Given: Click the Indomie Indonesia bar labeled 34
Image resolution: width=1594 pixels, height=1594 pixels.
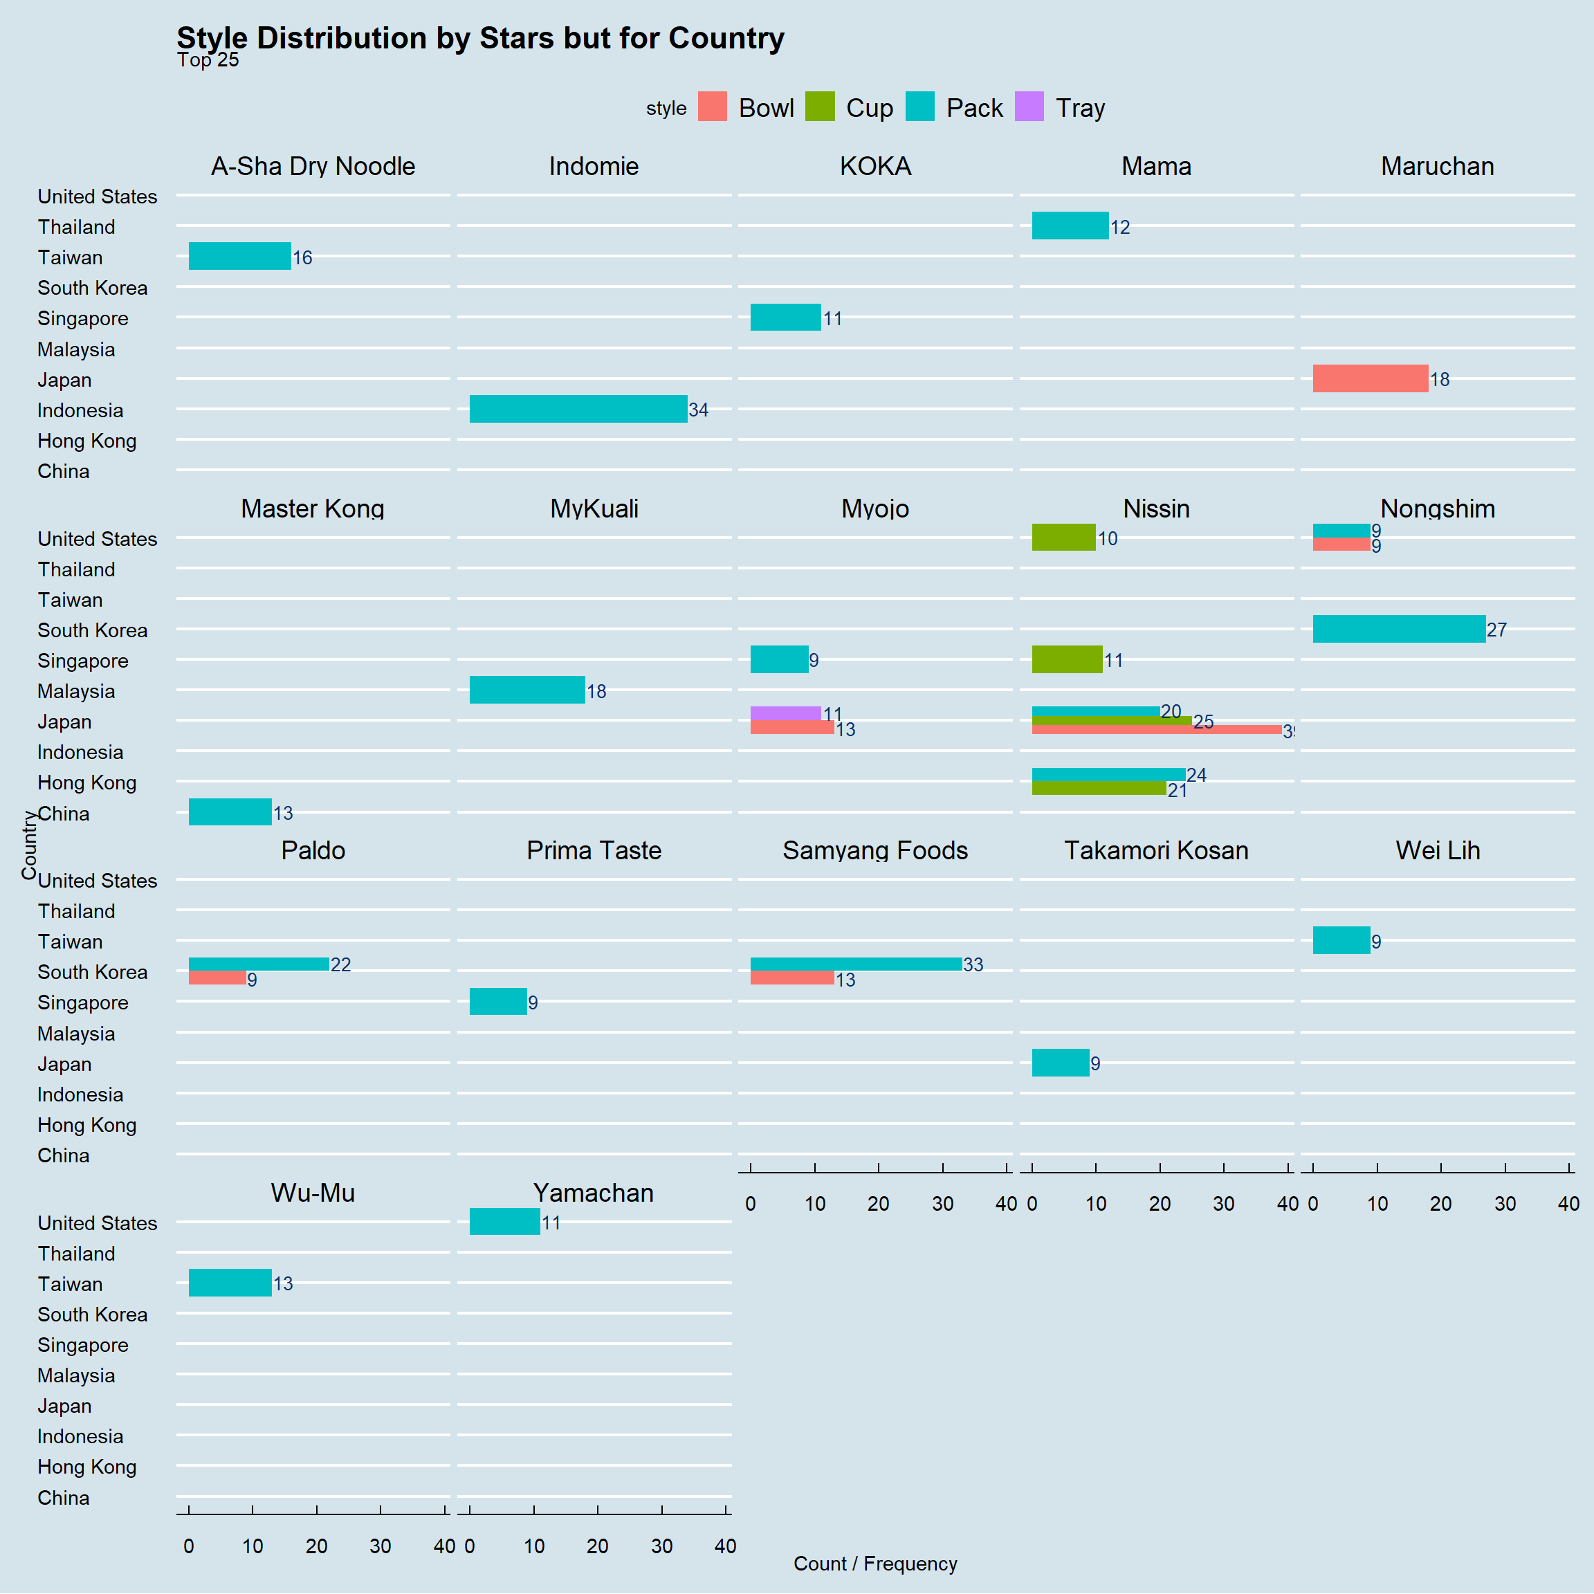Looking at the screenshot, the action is pyautogui.click(x=578, y=410).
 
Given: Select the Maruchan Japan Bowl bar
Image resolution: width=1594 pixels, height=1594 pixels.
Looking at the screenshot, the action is pyautogui.click(x=1371, y=378).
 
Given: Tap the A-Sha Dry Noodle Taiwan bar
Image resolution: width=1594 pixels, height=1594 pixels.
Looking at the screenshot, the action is pyautogui.click(x=240, y=256).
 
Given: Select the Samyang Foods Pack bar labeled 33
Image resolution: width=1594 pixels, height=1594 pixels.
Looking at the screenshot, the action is pyautogui.click(x=856, y=964).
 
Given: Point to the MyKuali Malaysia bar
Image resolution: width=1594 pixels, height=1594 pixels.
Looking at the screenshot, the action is pyautogui.click(x=527, y=690).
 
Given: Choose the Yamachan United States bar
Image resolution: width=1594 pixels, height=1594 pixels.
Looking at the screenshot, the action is pyautogui.click(x=505, y=1221).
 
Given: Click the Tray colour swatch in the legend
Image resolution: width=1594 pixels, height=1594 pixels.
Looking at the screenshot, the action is pyautogui.click(x=1029, y=107).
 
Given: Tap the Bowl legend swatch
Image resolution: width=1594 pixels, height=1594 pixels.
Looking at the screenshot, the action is pyautogui.click(x=712, y=107).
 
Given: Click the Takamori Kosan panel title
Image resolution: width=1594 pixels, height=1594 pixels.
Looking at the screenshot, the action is pyautogui.click(x=1156, y=850).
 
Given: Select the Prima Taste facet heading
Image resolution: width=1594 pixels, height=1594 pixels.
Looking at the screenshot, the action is pyautogui.click(x=594, y=850).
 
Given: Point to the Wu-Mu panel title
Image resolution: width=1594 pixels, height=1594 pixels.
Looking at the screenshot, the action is pyautogui.click(x=313, y=1192).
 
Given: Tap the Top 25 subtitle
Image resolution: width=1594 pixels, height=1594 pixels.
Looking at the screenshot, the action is pyautogui.click(x=208, y=59).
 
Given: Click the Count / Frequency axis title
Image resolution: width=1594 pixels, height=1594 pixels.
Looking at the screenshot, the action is pyautogui.click(x=875, y=1564).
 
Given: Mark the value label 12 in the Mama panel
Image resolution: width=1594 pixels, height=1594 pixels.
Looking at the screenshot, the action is pyautogui.click(x=1119, y=227).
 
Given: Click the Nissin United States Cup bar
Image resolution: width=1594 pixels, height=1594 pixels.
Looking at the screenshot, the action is pyautogui.click(x=1063, y=537).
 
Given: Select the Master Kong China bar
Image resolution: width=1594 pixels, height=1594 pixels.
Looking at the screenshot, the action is pyautogui.click(x=230, y=812).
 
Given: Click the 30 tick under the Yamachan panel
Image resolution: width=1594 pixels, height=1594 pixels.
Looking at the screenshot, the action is pyautogui.click(x=661, y=1546).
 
